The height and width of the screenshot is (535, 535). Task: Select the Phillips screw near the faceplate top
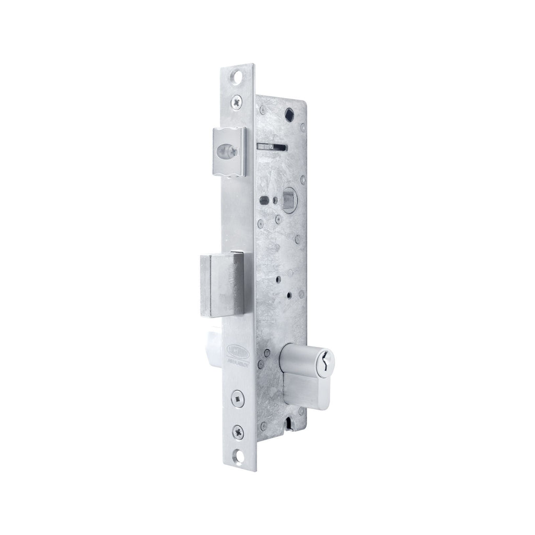tap(239, 103)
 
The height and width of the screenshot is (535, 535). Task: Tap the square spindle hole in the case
tap(288, 199)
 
